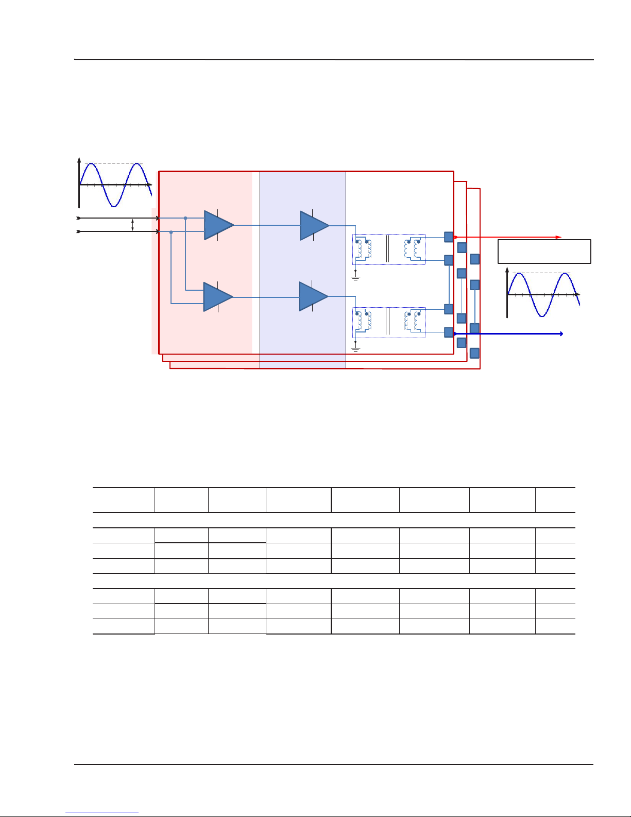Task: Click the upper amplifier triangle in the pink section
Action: point(218,225)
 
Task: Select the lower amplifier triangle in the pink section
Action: point(217,297)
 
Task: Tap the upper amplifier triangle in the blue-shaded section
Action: point(314,225)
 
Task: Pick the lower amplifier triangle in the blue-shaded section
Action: point(313,296)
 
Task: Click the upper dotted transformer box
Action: point(389,249)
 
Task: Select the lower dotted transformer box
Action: point(389,323)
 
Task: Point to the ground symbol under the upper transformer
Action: point(355,277)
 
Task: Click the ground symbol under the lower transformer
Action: point(355,349)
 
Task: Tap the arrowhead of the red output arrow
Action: point(559,237)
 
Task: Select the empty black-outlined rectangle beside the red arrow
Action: point(544,252)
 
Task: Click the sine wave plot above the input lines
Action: point(115,184)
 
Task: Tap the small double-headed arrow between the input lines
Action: point(133,225)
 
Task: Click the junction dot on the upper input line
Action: point(185,218)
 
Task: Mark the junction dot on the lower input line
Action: point(171,232)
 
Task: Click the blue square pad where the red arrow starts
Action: point(449,237)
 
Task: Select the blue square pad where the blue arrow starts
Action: point(449,332)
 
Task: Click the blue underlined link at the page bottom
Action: point(102,812)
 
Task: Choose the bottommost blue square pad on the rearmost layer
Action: point(475,353)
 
